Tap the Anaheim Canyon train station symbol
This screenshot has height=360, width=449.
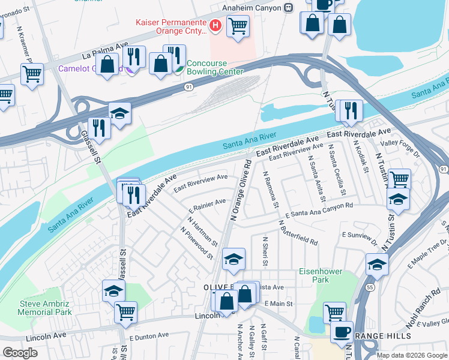pyautogui.click(x=289, y=7)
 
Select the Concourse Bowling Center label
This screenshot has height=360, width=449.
pyautogui.click(x=214, y=67)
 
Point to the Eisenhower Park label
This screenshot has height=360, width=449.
pyautogui.click(x=321, y=275)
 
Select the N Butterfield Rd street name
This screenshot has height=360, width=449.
pyautogui.click(x=298, y=233)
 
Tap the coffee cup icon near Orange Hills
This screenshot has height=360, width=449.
pyautogui.click(x=342, y=331)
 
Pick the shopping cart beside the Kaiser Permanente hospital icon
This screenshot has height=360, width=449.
pyautogui.click(x=238, y=26)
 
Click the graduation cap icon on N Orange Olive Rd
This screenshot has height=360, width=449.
pyautogui.click(x=234, y=259)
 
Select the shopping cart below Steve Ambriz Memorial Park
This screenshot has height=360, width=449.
pyautogui.click(x=125, y=311)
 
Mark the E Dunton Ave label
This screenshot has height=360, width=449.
pyautogui.click(x=148, y=337)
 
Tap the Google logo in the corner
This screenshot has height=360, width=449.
pyautogui.click(x=20, y=353)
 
